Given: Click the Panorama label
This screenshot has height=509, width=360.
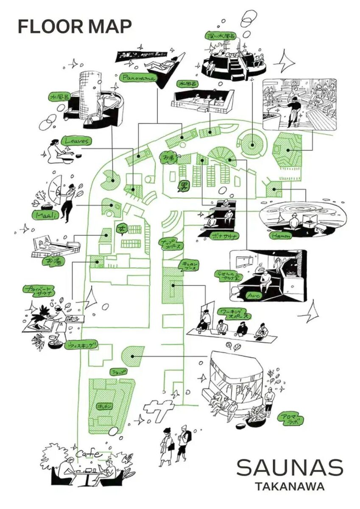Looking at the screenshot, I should coord(138,78).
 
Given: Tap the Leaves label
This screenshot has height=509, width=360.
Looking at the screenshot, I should coord(76,140).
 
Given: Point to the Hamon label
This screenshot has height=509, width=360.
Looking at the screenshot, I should coord(282,235).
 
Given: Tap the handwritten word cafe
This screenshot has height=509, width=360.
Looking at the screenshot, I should coord(89,454).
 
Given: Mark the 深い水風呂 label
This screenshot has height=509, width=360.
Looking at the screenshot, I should coord(220,35).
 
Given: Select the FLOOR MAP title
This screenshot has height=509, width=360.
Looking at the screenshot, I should coord(75,26).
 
